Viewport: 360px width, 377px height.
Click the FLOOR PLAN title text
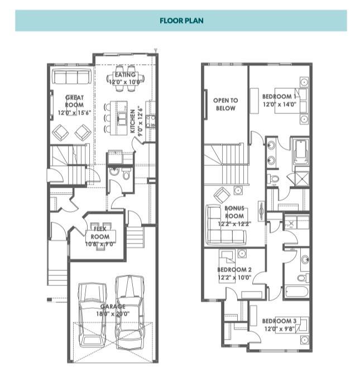(181, 21)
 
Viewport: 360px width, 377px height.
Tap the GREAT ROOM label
(74, 101)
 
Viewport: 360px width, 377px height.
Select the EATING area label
(125, 75)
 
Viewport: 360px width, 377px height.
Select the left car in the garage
(92, 314)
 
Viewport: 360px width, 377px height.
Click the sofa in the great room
(72, 76)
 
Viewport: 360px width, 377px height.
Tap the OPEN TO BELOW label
(225, 104)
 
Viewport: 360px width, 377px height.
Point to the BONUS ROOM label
(234, 212)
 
